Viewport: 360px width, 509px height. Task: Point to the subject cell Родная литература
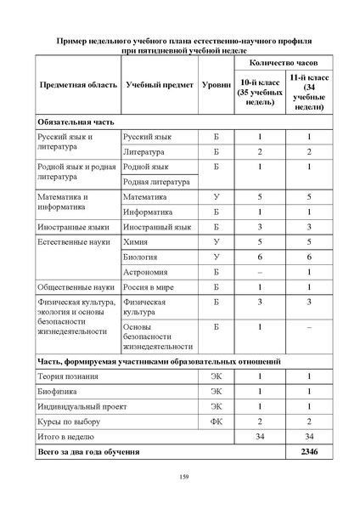[x=158, y=181]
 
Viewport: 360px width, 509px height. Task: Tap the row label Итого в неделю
[x=69, y=436]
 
